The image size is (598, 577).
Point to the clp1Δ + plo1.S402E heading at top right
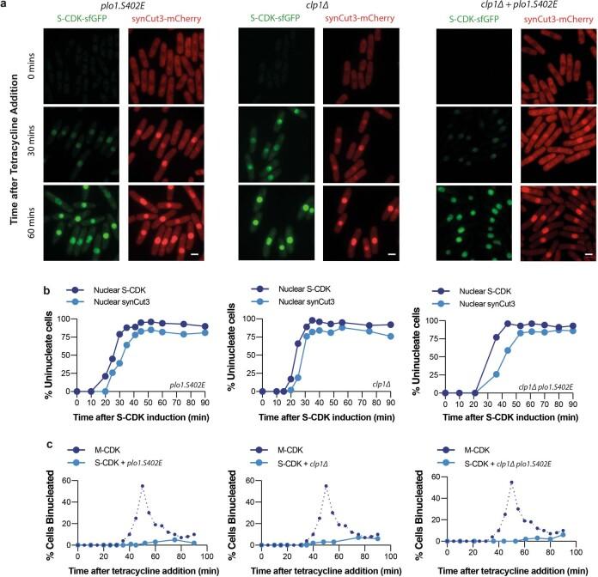tap(512, 7)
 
